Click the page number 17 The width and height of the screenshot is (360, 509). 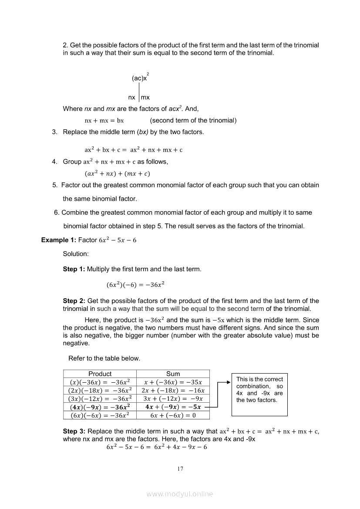click(180, 469)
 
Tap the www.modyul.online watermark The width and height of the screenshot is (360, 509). click(180, 494)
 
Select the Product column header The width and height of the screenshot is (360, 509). click(100, 374)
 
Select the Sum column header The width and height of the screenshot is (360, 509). click(173, 374)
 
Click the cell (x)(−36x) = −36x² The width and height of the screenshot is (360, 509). click(100, 382)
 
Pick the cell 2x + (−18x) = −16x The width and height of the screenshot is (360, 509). click(173, 390)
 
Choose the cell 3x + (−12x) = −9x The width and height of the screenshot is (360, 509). click(173, 398)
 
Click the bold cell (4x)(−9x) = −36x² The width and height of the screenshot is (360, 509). click(100, 407)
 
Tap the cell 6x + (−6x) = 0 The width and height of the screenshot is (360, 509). click(173, 415)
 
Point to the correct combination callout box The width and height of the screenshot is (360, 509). click(259, 394)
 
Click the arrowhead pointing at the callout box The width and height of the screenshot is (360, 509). click(227, 382)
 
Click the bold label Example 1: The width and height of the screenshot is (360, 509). click(58, 240)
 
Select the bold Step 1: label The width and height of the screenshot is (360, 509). click(74, 269)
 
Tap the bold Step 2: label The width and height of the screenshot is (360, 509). click(74, 301)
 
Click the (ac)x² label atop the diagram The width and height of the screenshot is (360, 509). click(140, 78)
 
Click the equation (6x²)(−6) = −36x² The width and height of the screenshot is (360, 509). click(135, 285)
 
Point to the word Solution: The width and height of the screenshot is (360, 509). click(76, 253)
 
